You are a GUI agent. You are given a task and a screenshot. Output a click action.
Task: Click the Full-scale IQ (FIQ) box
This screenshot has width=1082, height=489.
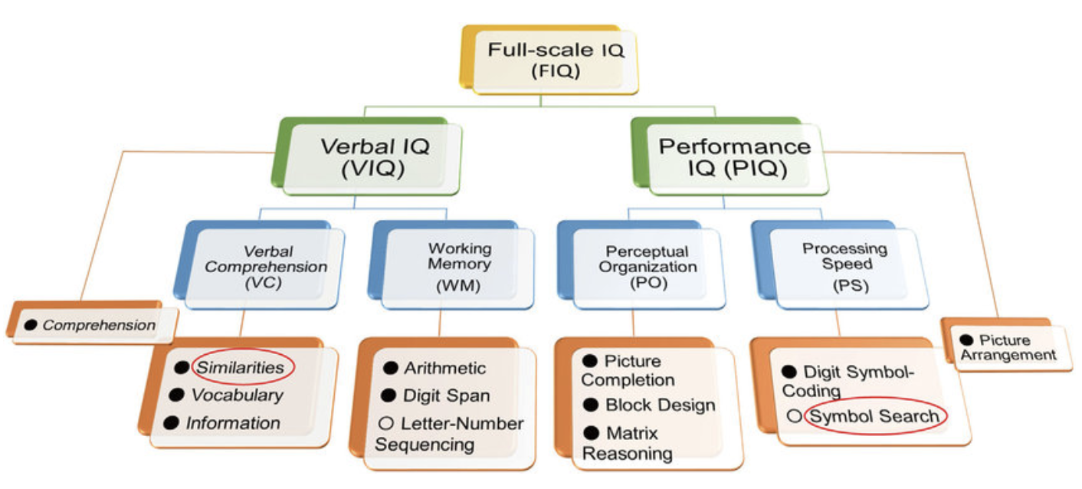coord(556,61)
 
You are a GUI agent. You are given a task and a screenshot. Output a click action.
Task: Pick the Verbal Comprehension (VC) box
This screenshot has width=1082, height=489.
coord(265,267)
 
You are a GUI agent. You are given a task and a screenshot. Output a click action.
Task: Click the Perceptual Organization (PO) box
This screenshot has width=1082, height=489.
coord(648,267)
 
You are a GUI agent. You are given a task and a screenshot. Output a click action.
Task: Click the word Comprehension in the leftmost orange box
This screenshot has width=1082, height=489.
coord(98,325)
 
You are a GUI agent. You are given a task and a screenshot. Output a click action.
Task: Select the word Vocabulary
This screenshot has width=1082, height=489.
coord(237,395)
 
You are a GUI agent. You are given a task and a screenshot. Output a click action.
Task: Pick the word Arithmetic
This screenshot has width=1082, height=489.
coord(444,368)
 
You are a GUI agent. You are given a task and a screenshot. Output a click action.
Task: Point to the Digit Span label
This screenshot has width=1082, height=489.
coord(446,396)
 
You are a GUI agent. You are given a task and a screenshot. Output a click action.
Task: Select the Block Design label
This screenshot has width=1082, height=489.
coord(660,405)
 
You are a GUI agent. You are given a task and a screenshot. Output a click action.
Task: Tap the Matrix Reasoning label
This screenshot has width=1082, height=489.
coord(627,443)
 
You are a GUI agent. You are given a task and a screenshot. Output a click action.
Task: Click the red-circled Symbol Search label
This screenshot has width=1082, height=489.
coord(874,416)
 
